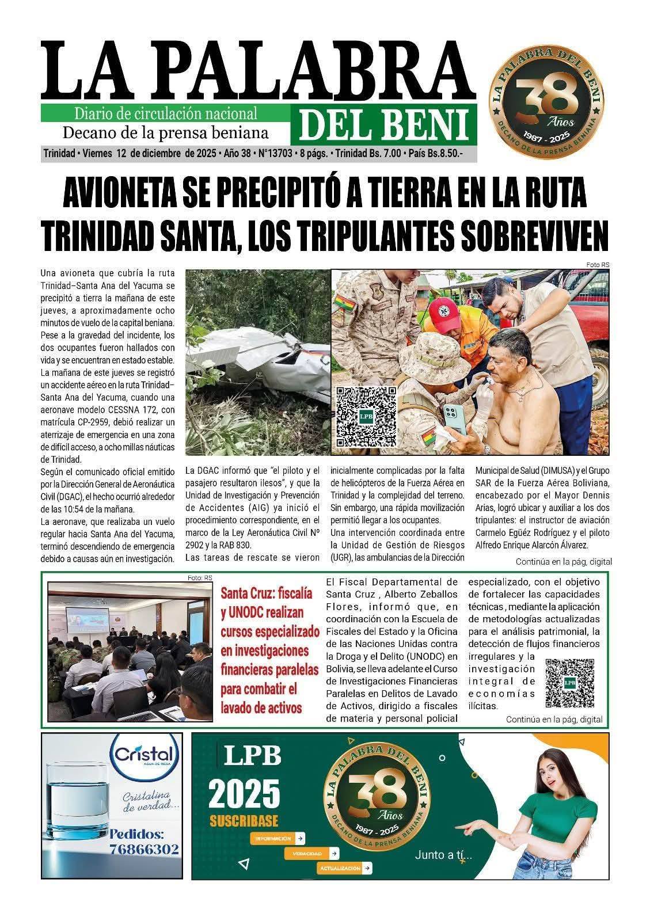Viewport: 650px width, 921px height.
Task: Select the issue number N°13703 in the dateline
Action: pos(275,154)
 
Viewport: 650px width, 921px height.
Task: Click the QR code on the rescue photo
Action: pos(367,417)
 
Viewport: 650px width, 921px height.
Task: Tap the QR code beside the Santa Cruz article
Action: pos(569,683)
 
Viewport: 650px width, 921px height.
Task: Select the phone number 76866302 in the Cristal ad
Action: pos(144,849)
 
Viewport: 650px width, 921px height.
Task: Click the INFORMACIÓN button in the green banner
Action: pos(278,838)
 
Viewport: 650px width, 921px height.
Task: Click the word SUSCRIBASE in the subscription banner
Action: pos(244,820)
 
